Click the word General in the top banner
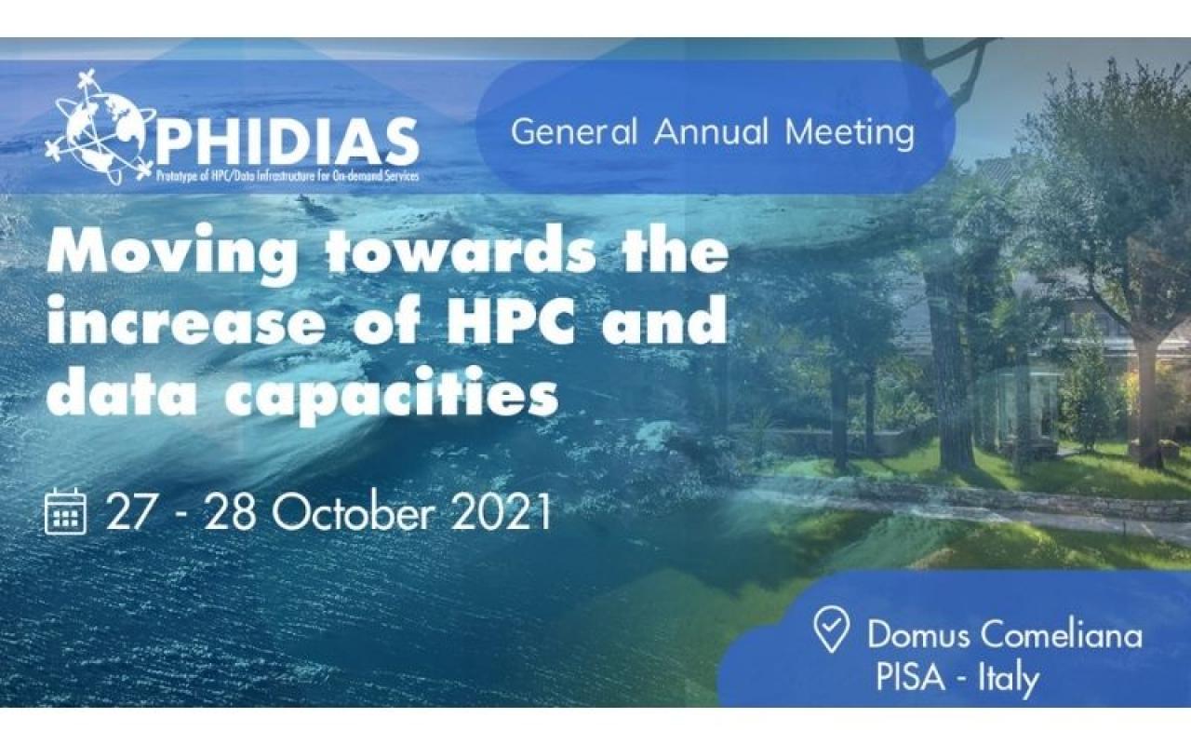tap(574, 132)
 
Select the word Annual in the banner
tap(712, 131)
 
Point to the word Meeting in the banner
tap(850, 133)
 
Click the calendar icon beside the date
tap(65, 511)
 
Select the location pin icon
tap(831, 629)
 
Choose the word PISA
tap(910, 677)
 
